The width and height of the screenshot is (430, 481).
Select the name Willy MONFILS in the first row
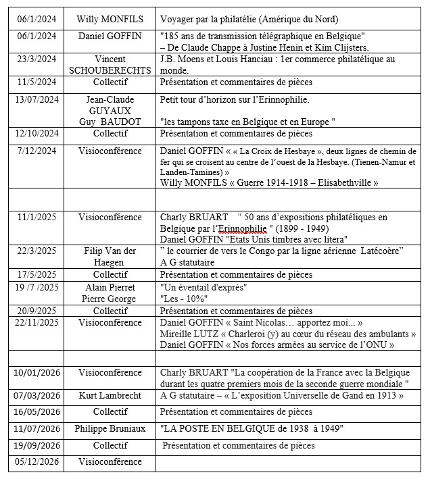[110, 19]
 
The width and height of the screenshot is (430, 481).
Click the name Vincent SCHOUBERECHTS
[110, 65]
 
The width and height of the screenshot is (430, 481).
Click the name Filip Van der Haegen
[110, 257]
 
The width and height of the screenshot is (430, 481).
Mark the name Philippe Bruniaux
[110, 428]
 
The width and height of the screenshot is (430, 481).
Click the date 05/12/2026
[37, 462]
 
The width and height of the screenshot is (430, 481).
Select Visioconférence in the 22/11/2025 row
[110, 323]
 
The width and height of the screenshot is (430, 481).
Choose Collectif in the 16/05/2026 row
[110, 411]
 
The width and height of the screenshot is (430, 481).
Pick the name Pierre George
[110, 298]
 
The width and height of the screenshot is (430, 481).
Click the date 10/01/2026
[37, 372]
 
